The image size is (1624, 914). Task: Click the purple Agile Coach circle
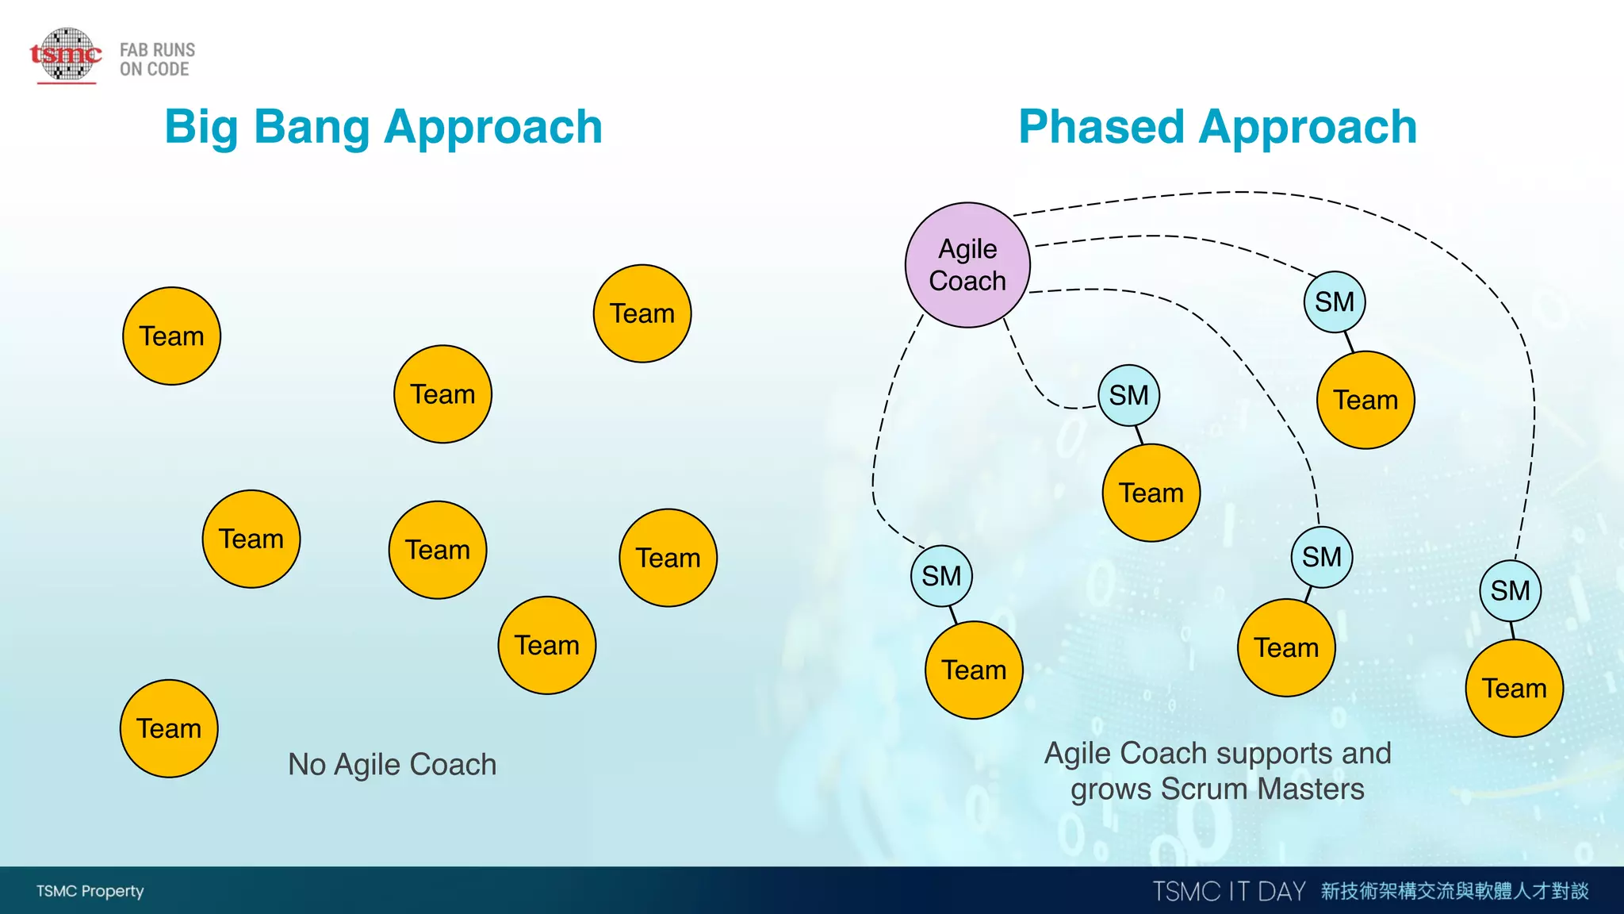967,265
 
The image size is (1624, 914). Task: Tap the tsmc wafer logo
67,55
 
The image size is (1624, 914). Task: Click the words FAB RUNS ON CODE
157,60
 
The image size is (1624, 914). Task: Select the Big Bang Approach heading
383,127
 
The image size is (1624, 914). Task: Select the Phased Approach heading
1217,127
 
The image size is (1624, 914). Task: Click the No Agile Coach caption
392,764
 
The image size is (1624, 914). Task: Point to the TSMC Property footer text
90,891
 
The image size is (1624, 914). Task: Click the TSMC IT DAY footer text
1228,891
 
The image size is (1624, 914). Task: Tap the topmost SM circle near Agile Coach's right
1335,301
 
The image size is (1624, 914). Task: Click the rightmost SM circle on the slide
1510,590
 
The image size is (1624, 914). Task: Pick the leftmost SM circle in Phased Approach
941,576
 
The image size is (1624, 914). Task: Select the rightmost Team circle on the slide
1514,688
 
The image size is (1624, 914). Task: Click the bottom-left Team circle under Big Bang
169,728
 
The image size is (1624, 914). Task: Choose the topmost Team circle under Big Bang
642,313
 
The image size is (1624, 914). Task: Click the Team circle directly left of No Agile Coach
169,728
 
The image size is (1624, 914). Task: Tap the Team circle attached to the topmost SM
1365,400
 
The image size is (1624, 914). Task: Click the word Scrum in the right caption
1205,789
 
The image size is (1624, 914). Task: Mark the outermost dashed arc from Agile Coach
1269,193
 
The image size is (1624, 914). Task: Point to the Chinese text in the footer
1454,891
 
